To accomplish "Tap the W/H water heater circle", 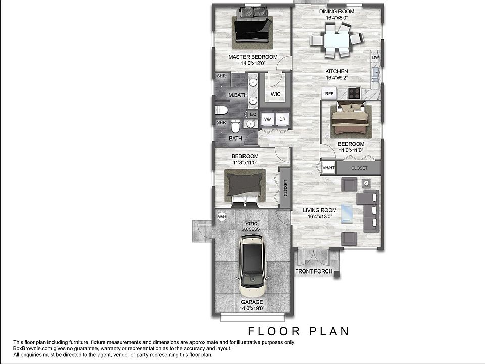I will click(x=221, y=217).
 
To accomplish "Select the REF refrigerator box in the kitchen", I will click(x=329, y=94).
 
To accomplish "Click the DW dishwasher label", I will click(x=375, y=58).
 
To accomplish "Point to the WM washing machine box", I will click(x=268, y=119).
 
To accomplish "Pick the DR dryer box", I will click(x=282, y=119).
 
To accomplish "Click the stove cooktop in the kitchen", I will click(x=354, y=93).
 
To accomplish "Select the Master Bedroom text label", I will click(x=253, y=57).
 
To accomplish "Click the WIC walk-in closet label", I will click(x=276, y=94).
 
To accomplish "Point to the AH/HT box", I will click(x=328, y=168).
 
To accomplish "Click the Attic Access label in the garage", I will click(x=251, y=226).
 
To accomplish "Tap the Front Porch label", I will click(x=314, y=271).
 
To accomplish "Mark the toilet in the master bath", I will click(x=221, y=110).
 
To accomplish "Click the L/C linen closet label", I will click(x=253, y=115).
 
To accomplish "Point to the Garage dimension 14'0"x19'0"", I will click(x=251, y=309).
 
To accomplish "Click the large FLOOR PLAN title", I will click(x=298, y=332).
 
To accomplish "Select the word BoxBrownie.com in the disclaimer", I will click(x=31, y=348).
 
